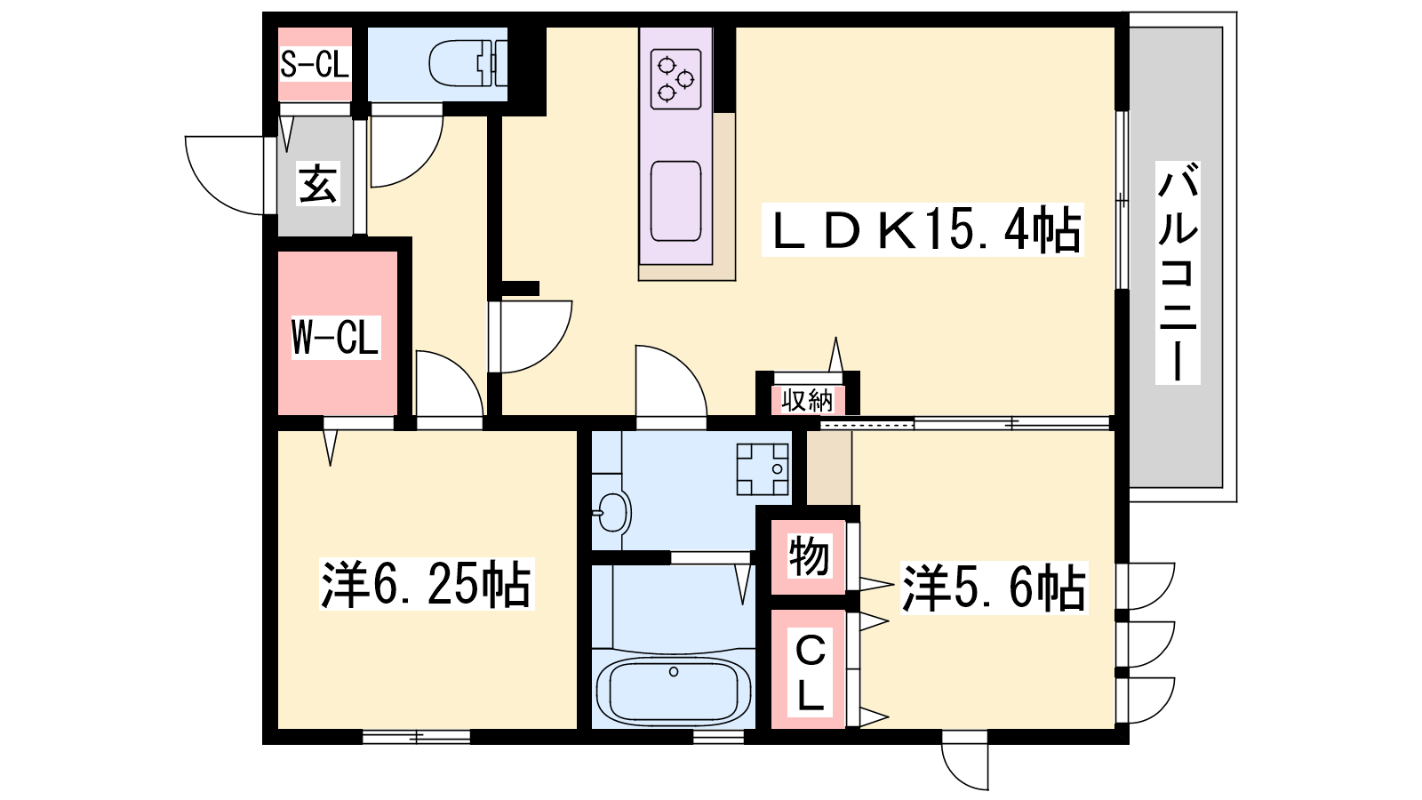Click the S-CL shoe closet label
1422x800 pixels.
315,64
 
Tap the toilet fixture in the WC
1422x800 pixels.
467,63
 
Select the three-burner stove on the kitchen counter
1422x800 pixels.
675,79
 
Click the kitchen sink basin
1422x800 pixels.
675,201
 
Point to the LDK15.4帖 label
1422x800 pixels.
923,230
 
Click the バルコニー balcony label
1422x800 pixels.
1178,272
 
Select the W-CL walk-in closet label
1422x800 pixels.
336,337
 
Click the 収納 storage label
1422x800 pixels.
806,400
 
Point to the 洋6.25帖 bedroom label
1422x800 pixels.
427,584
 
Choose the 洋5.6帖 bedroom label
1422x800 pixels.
995,588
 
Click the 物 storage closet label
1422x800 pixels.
809,556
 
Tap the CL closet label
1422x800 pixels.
810,675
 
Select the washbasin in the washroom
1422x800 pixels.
613,512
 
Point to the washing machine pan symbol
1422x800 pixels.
763,469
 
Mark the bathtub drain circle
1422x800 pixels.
674,672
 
